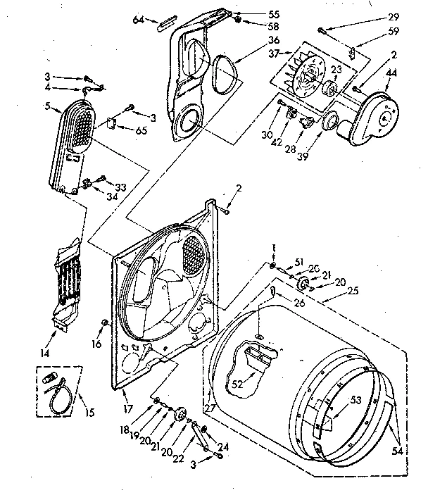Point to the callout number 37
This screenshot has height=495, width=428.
pyautogui.click(x=274, y=53)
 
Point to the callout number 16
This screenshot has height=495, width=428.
pyautogui.click(x=96, y=344)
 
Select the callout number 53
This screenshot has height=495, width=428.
pyautogui.click(x=355, y=400)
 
